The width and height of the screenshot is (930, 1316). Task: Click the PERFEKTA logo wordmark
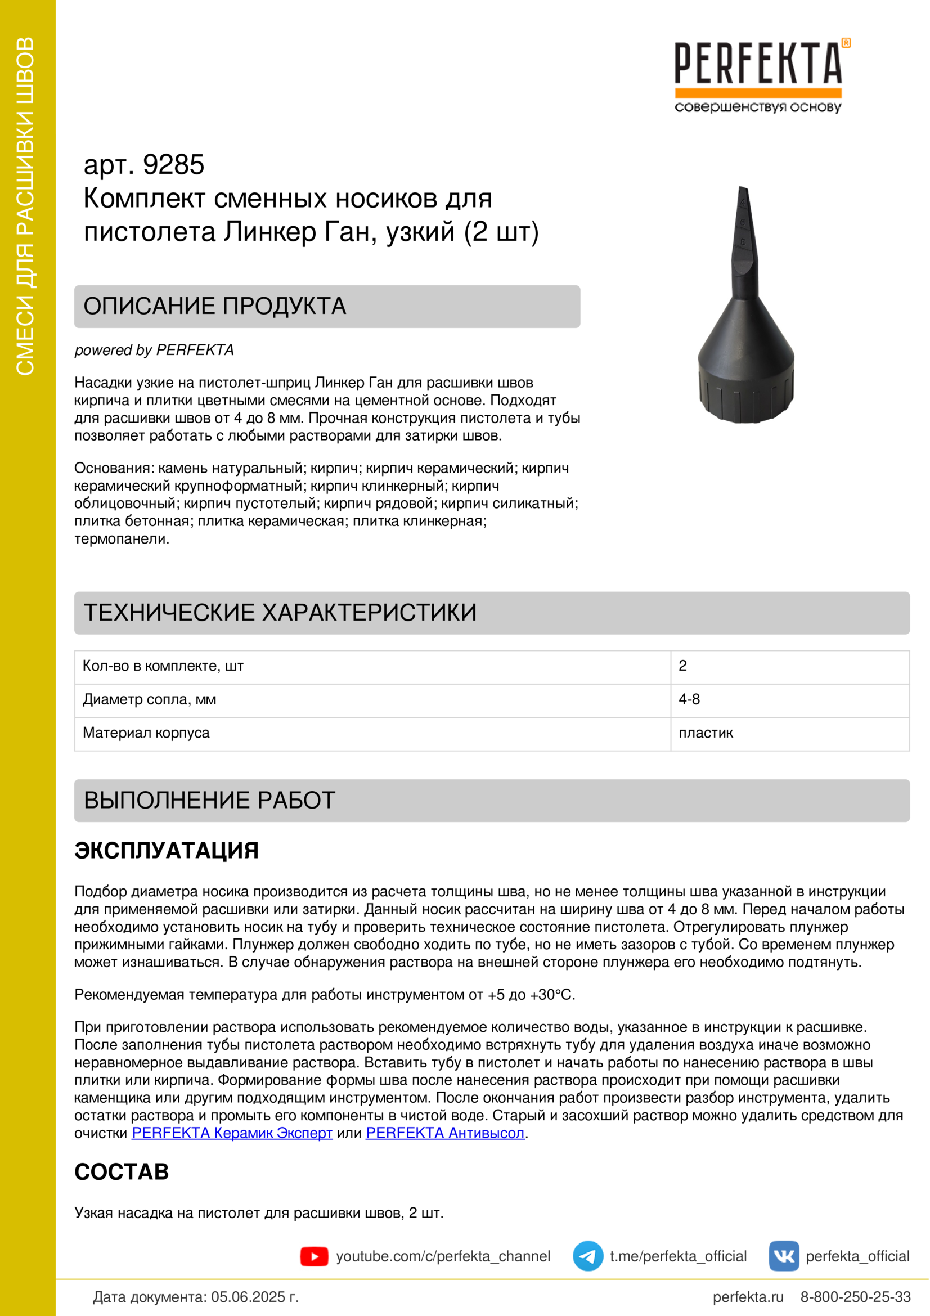pos(757,64)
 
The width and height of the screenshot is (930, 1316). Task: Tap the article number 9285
pos(173,165)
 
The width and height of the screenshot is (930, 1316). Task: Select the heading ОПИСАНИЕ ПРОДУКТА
pos(215,306)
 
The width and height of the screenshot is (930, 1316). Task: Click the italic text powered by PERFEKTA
pos(154,350)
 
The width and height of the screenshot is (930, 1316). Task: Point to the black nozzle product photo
pos(745,321)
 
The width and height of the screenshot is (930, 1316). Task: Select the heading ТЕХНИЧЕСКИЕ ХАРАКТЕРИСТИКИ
pos(280,613)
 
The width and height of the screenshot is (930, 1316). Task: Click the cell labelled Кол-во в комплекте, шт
pos(163,666)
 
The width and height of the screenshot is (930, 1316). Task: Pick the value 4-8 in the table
pos(689,699)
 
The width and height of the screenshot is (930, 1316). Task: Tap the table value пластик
pos(706,733)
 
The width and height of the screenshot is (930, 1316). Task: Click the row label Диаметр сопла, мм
pos(150,700)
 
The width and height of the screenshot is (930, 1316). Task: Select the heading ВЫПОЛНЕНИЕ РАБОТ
pos(210,800)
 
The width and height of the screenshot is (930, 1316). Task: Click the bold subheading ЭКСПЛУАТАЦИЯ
pos(167,851)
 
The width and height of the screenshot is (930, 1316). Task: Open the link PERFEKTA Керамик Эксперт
pos(232,1133)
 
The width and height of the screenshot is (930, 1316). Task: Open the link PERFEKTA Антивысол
pos(445,1133)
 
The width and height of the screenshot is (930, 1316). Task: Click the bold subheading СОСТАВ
pos(122,1172)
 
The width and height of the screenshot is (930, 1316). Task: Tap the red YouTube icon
pos(314,1256)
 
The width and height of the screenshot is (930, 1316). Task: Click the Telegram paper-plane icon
pos(588,1256)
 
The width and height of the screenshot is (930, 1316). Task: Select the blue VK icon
pos(784,1256)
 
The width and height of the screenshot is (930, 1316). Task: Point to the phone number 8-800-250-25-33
pos(856,1296)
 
